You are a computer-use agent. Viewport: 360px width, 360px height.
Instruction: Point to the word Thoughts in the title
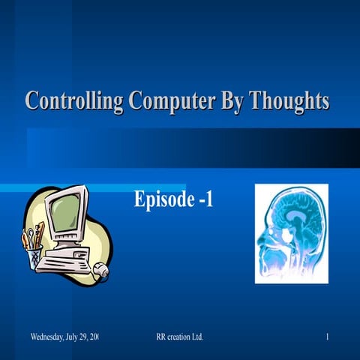pyautogui.click(x=291, y=100)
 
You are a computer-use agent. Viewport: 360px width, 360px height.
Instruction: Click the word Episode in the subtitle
pyautogui.click(x=162, y=199)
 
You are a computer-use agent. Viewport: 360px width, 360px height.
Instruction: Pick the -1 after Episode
pyautogui.click(x=204, y=199)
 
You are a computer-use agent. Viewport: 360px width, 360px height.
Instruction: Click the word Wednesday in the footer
pyautogui.click(x=48, y=336)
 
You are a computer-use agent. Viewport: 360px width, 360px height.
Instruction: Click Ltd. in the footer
pyautogui.click(x=197, y=336)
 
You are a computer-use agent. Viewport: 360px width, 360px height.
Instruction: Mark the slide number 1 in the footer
pyautogui.click(x=328, y=336)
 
